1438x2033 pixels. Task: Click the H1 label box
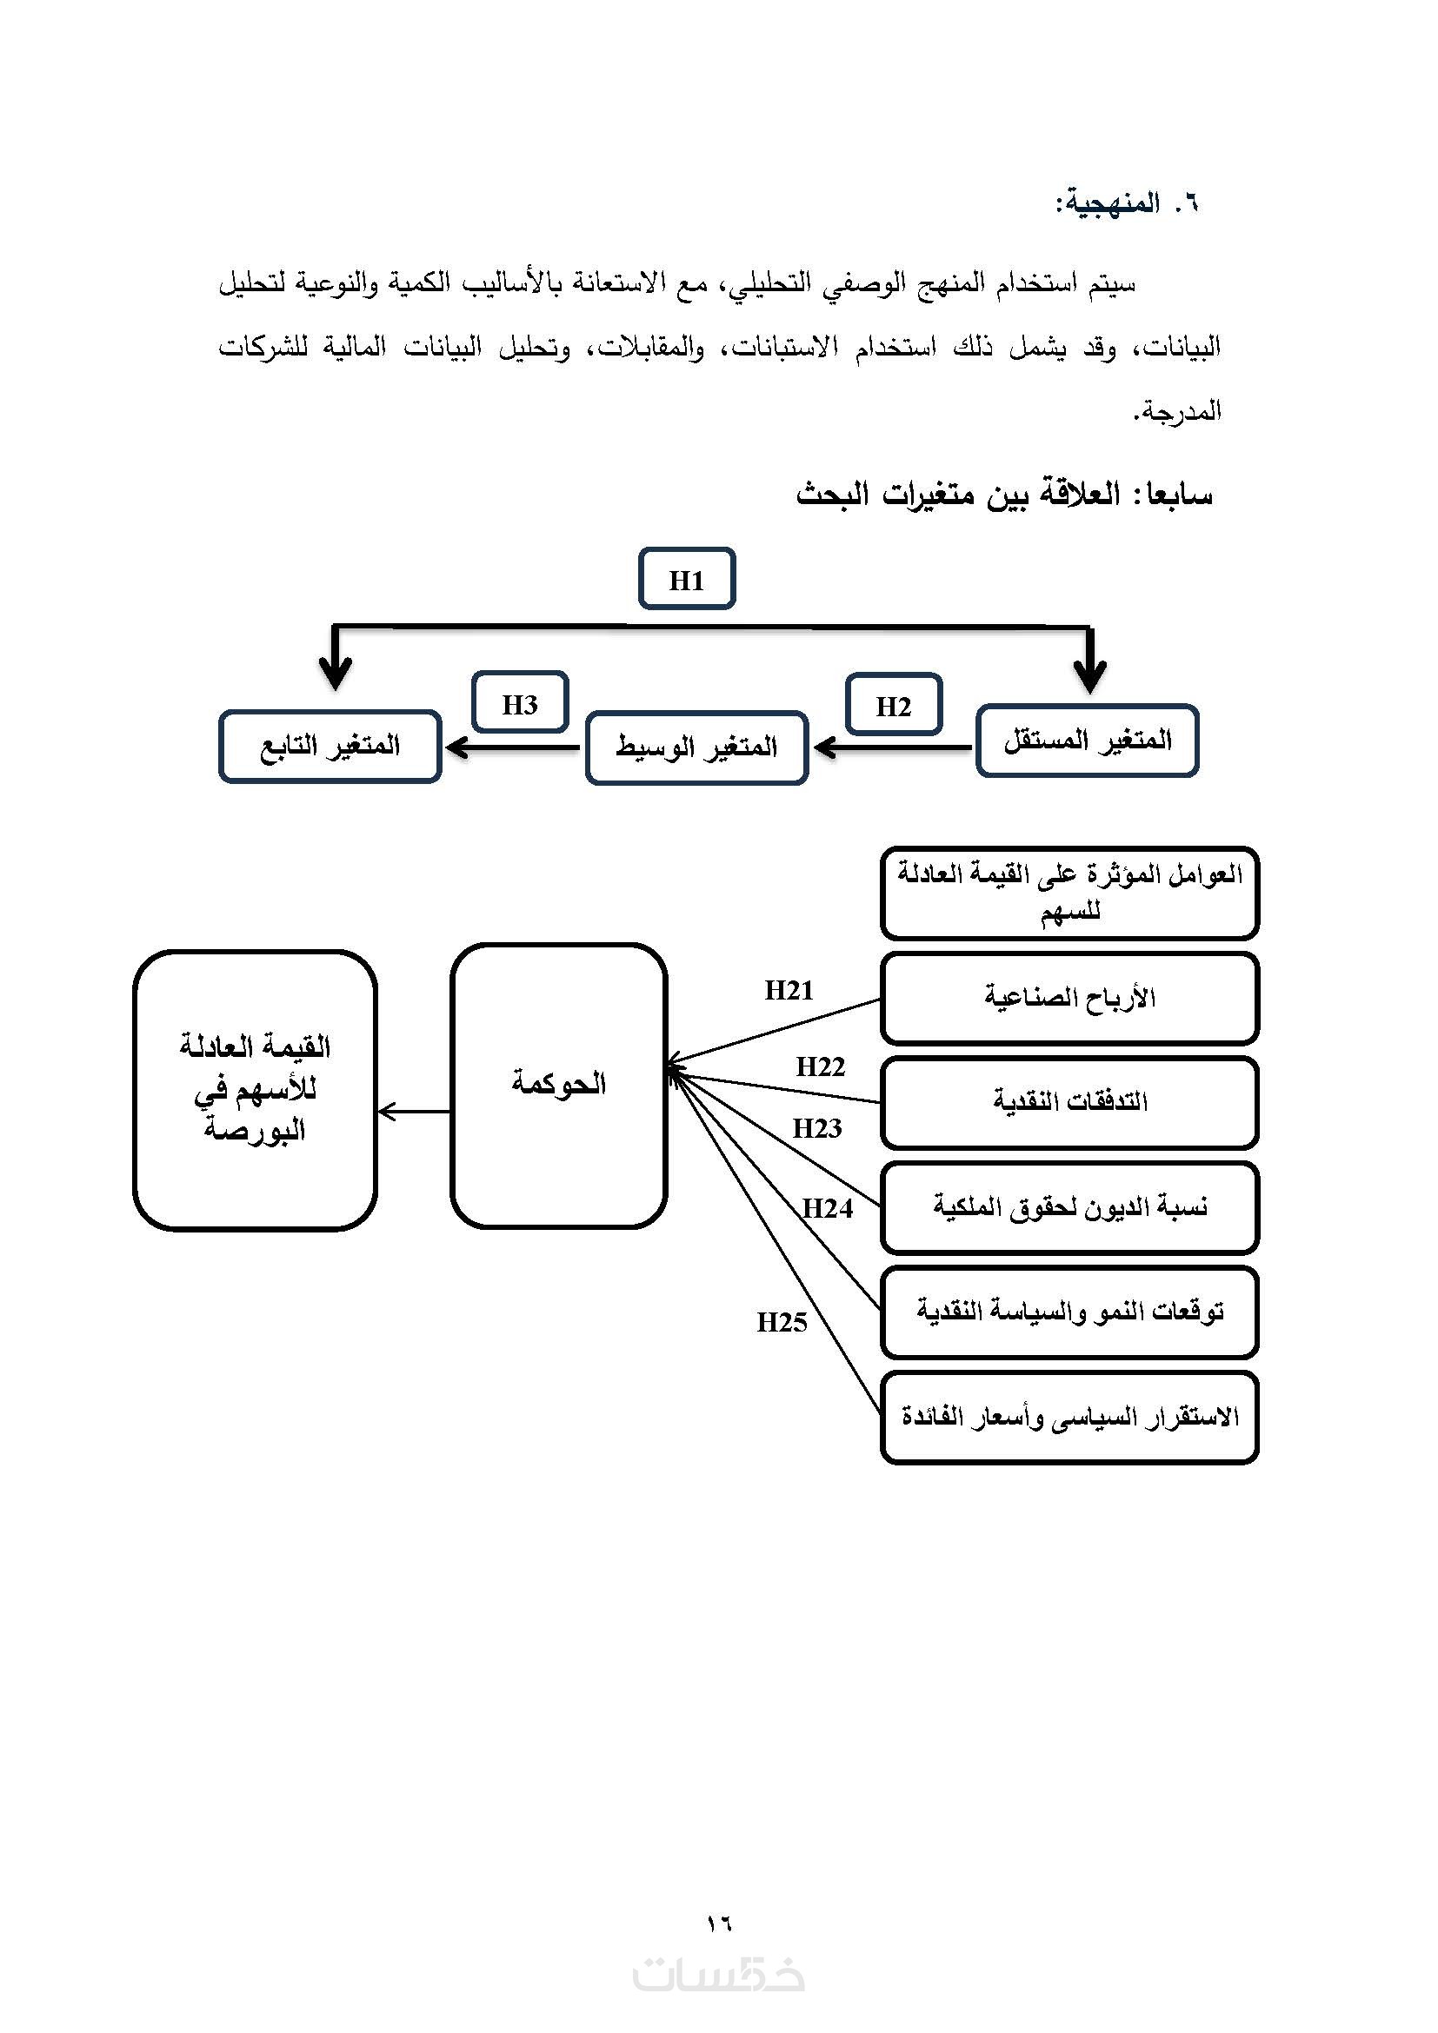pos(686,579)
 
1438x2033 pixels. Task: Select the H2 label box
pos(893,705)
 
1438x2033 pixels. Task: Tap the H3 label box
pos(520,703)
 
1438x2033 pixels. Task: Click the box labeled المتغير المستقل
pos(1087,741)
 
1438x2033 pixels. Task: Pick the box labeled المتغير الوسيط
pos(696,747)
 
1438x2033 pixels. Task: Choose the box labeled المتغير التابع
pos(330,747)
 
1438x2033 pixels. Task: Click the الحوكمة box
pos(558,1085)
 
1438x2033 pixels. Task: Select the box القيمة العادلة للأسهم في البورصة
pos(255,1089)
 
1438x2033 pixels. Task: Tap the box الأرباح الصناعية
pos(1069,998)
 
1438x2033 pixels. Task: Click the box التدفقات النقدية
pos(1069,1102)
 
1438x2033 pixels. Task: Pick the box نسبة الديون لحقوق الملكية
pos(1069,1207)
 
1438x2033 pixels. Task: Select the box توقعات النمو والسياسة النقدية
pos(1069,1312)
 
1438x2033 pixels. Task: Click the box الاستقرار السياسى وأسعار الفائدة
pos(1069,1417)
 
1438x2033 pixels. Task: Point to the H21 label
pos(788,990)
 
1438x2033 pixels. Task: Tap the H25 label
pos(782,1323)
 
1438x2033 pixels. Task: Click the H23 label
pos(816,1129)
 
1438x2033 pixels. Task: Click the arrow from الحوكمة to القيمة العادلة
pos(414,1112)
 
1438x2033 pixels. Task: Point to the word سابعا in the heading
pos(1179,494)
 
